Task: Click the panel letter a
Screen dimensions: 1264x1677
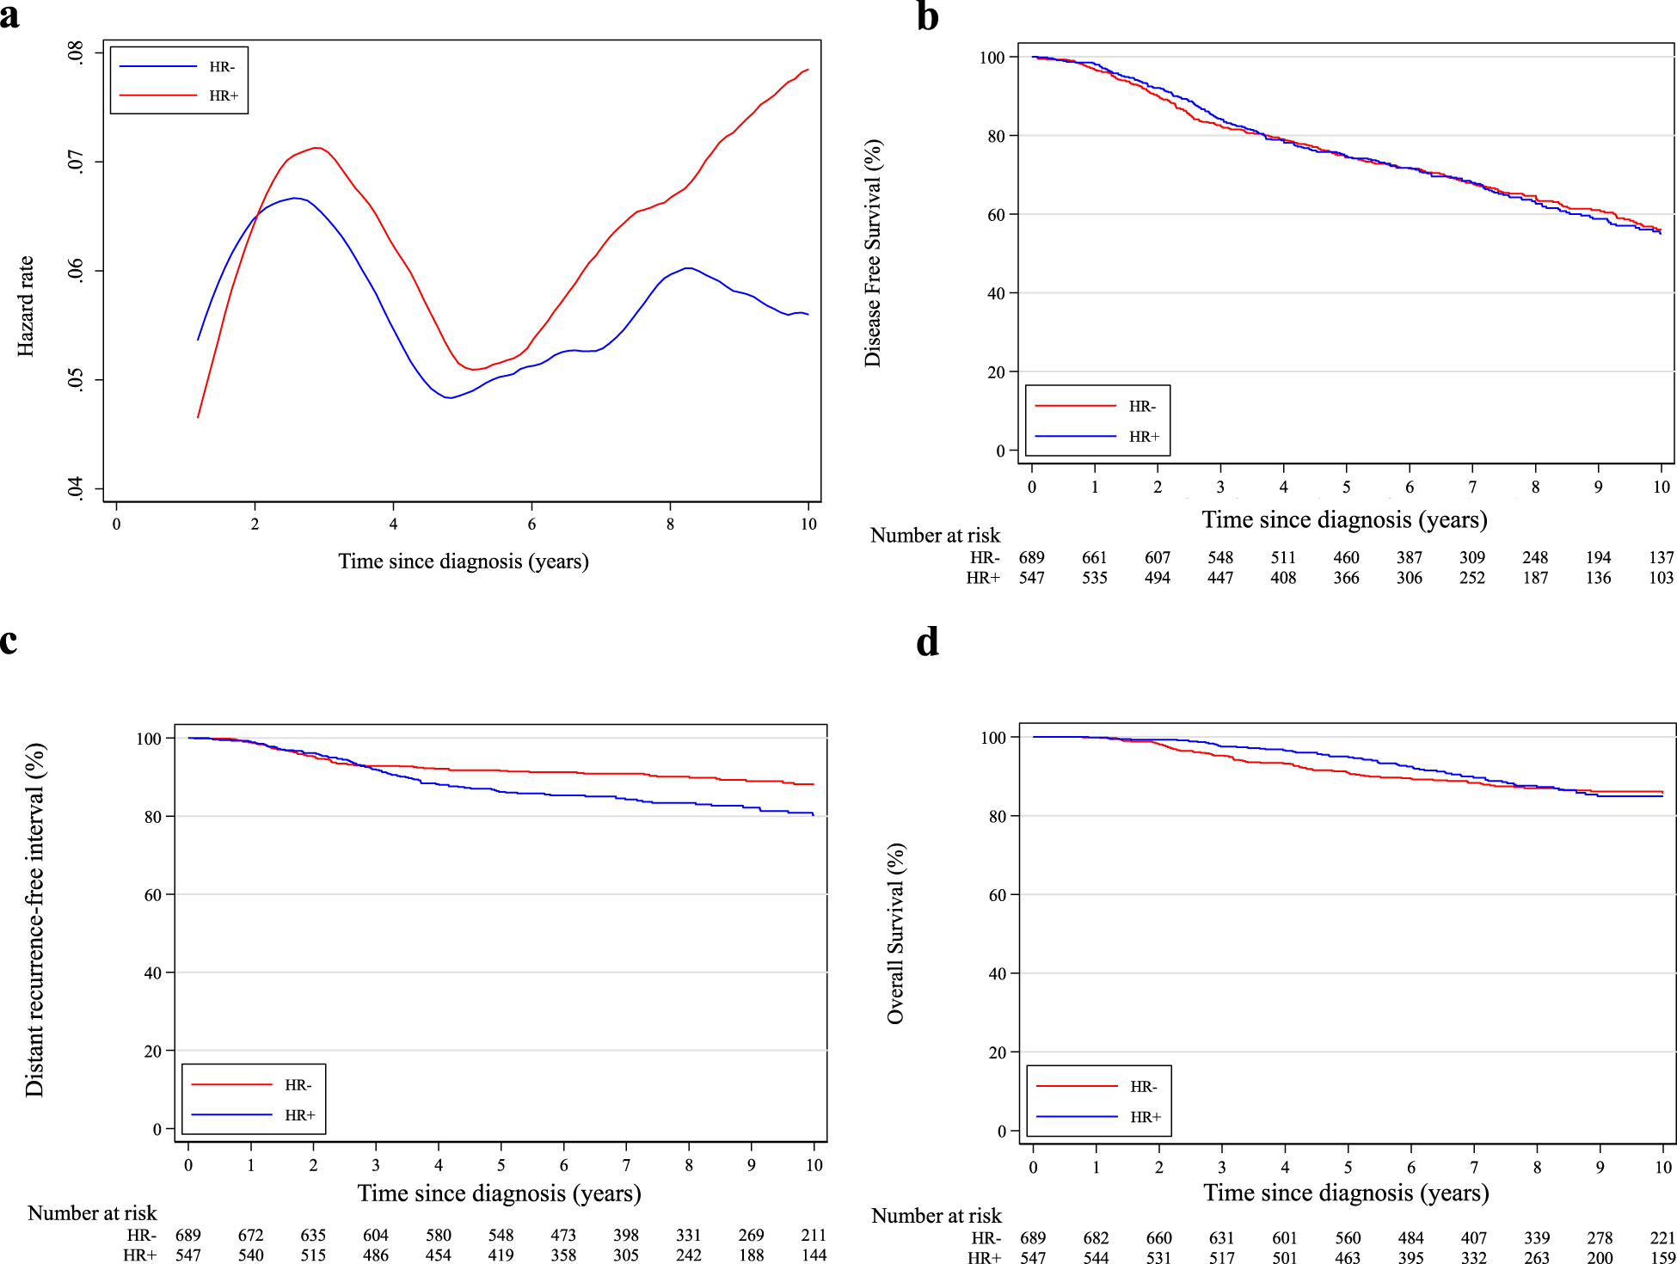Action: tap(10, 15)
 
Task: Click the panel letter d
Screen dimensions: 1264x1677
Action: tap(927, 642)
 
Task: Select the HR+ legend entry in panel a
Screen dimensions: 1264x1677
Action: tap(223, 95)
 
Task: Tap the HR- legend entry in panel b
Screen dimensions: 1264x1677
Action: tap(1141, 406)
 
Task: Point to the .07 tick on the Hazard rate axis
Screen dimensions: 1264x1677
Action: tap(77, 162)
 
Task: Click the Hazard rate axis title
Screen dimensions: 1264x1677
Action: tap(26, 306)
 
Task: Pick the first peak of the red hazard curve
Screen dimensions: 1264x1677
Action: tap(317, 148)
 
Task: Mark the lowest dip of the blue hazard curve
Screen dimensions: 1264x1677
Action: tap(449, 397)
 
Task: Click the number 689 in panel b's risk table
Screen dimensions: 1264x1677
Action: tap(1031, 557)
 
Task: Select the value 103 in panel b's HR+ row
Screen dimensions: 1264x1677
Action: tap(1661, 578)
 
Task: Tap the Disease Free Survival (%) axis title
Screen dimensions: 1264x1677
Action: tap(873, 253)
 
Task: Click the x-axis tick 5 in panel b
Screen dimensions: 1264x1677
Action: tap(1346, 487)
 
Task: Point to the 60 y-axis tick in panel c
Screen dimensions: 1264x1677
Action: tap(153, 895)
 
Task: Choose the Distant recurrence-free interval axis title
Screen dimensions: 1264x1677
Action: tap(34, 920)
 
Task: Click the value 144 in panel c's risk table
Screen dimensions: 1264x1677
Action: tap(814, 1255)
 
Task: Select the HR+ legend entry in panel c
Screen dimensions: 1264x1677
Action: tap(299, 1115)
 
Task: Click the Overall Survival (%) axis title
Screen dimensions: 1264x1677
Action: tap(895, 933)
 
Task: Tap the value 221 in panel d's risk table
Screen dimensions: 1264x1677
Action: tap(1662, 1237)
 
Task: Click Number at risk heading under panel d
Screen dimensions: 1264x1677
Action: tap(936, 1216)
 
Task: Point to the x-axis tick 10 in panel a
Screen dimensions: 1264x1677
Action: tap(808, 524)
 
